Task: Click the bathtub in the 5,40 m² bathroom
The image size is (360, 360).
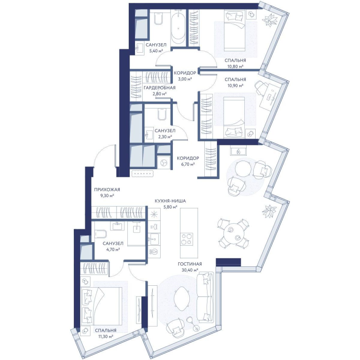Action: tap(178, 27)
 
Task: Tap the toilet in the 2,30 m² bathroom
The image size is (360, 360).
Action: tap(162, 114)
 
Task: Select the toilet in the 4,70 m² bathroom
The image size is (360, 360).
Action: tap(100, 234)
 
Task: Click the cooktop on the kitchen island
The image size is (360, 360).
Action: tap(186, 239)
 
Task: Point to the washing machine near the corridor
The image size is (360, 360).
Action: tap(164, 163)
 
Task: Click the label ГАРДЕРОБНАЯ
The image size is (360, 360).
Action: tap(160, 88)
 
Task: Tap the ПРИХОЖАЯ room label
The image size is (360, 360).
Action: tap(107, 189)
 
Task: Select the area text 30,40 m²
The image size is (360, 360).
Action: tap(190, 270)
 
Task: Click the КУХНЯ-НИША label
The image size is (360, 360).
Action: tap(170, 201)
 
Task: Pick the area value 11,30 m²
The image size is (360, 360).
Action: tap(105, 337)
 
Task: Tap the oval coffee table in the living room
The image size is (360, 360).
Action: tap(181, 299)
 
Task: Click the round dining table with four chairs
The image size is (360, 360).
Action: tap(233, 234)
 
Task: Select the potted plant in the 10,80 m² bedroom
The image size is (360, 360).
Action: tap(270, 20)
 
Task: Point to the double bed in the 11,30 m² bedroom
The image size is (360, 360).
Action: tap(102, 306)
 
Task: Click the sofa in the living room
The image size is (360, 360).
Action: tap(206, 297)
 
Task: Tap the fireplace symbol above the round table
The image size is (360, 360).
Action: tap(238, 151)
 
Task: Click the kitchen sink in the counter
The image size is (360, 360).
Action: tap(154, 239)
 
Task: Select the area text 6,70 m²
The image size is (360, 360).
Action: tap(188, 164)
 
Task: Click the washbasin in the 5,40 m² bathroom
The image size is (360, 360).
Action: tap(139, 48)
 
